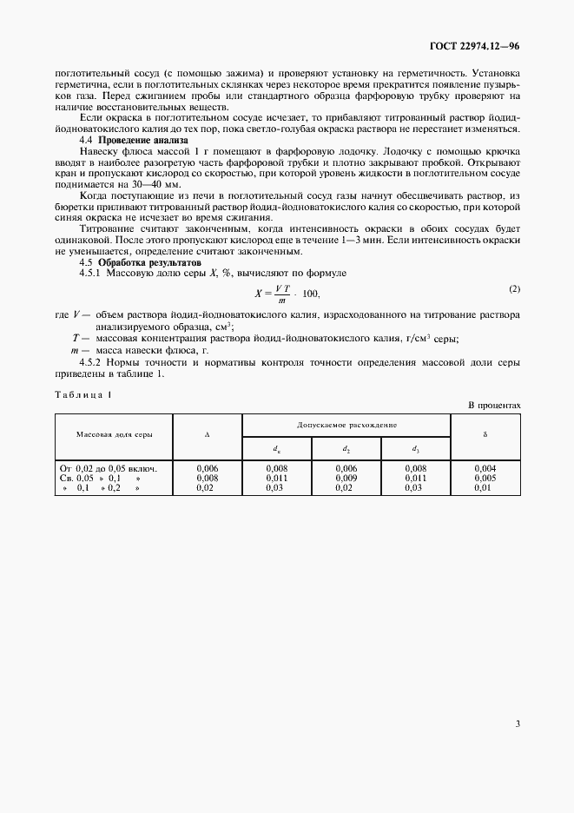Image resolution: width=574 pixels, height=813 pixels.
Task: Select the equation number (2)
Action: (x=514, y=288)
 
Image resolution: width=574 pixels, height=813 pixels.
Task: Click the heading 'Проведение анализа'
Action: (x=142, y=140)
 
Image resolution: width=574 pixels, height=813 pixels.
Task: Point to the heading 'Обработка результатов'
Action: (x=149, y=261)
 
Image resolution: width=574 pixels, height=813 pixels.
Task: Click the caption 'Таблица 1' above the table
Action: (x=83, y=394)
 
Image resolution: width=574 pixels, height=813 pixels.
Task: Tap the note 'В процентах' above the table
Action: (x=494, y=405)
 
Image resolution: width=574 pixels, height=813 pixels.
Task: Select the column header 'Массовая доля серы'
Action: (x=115, y=433)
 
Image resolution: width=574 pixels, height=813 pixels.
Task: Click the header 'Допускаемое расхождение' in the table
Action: (x=346, y=425)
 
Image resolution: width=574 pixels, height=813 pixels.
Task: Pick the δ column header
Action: (x=485, y=433)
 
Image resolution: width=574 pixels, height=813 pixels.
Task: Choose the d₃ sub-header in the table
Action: (x=415, y=447)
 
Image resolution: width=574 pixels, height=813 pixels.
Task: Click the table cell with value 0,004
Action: (x=485, y=468)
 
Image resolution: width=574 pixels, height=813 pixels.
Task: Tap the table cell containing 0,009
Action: (x=346, y=478)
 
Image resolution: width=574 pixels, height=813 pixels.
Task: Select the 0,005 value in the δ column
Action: (x=485, y=478)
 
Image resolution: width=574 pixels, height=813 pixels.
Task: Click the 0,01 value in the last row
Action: (x=485, y=487)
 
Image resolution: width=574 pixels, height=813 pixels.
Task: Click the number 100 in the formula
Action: (x=310, y=294)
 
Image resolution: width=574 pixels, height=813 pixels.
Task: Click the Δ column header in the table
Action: (x=207, y=433)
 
